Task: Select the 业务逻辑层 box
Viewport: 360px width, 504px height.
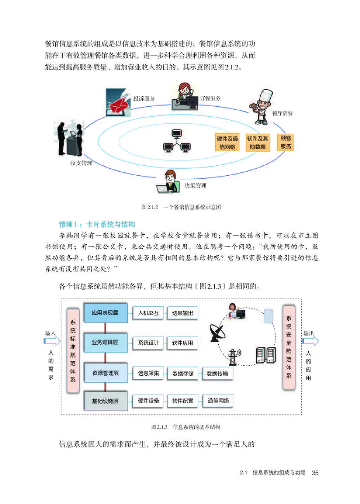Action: [105, 343]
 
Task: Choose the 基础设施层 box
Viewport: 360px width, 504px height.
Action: [105, 400]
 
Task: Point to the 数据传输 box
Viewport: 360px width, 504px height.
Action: [217, 373]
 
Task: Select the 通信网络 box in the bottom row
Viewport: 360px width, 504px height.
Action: [218, 400]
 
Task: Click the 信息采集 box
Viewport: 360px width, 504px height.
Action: [148, 373]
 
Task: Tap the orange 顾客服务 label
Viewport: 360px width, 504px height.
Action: [286, 143]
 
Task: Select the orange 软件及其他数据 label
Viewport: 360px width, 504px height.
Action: [257, 143]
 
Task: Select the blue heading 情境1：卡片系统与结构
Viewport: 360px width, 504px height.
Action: [100, 224]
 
